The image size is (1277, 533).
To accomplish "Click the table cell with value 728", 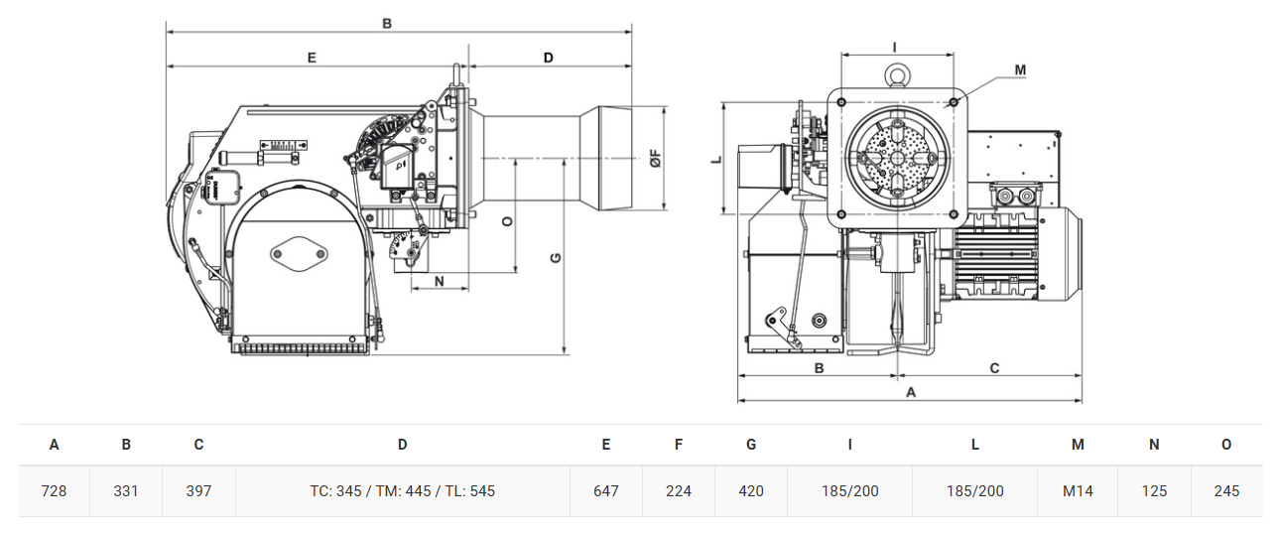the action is coord(54,490).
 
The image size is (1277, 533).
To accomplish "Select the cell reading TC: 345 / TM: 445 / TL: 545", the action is coord(403,490).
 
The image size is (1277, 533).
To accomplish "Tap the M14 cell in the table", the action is coord(1078,490).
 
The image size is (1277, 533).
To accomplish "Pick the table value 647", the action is coord(605,490).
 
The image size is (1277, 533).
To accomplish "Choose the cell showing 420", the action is coord(751,490).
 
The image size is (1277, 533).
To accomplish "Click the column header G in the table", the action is coord(751,445).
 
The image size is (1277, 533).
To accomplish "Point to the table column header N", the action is coord(1154,445).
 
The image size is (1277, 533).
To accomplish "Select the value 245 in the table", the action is coord(1226,490).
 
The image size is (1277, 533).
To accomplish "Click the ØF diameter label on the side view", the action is coord(656,158).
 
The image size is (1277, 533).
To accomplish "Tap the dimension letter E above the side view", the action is coord(312,58).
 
